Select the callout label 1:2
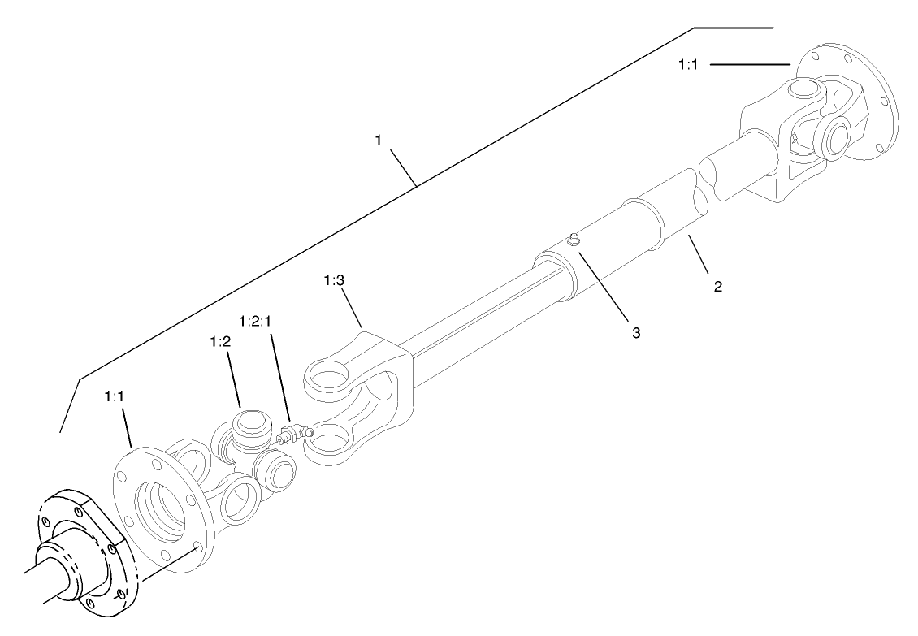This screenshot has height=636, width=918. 220,342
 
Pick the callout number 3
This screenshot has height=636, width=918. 636,333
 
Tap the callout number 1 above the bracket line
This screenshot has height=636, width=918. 378,141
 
